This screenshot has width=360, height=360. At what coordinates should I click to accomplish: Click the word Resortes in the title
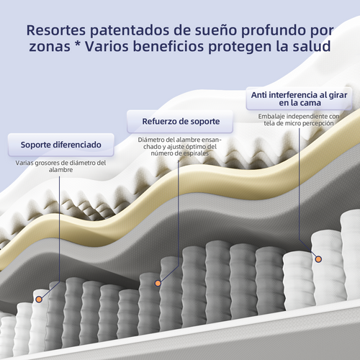click(56, 30)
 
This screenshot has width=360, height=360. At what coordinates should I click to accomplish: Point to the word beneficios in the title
click(168, 46)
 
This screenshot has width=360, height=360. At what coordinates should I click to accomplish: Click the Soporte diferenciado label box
click(61, 145)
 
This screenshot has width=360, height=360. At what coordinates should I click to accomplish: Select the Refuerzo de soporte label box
click(180, 122)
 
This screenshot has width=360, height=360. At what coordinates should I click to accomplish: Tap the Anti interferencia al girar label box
click(299, 99)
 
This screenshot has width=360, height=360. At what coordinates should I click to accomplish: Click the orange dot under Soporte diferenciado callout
click(39, 300)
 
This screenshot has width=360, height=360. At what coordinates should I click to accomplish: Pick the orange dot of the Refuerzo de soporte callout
click(158, 283)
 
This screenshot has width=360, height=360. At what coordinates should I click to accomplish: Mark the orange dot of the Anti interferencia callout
click(318, 259)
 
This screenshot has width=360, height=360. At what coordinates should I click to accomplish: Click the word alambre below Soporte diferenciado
click(60, 170)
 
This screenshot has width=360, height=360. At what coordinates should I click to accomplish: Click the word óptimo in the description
click(192, 147)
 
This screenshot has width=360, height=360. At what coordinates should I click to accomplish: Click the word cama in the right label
click(310, 103)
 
